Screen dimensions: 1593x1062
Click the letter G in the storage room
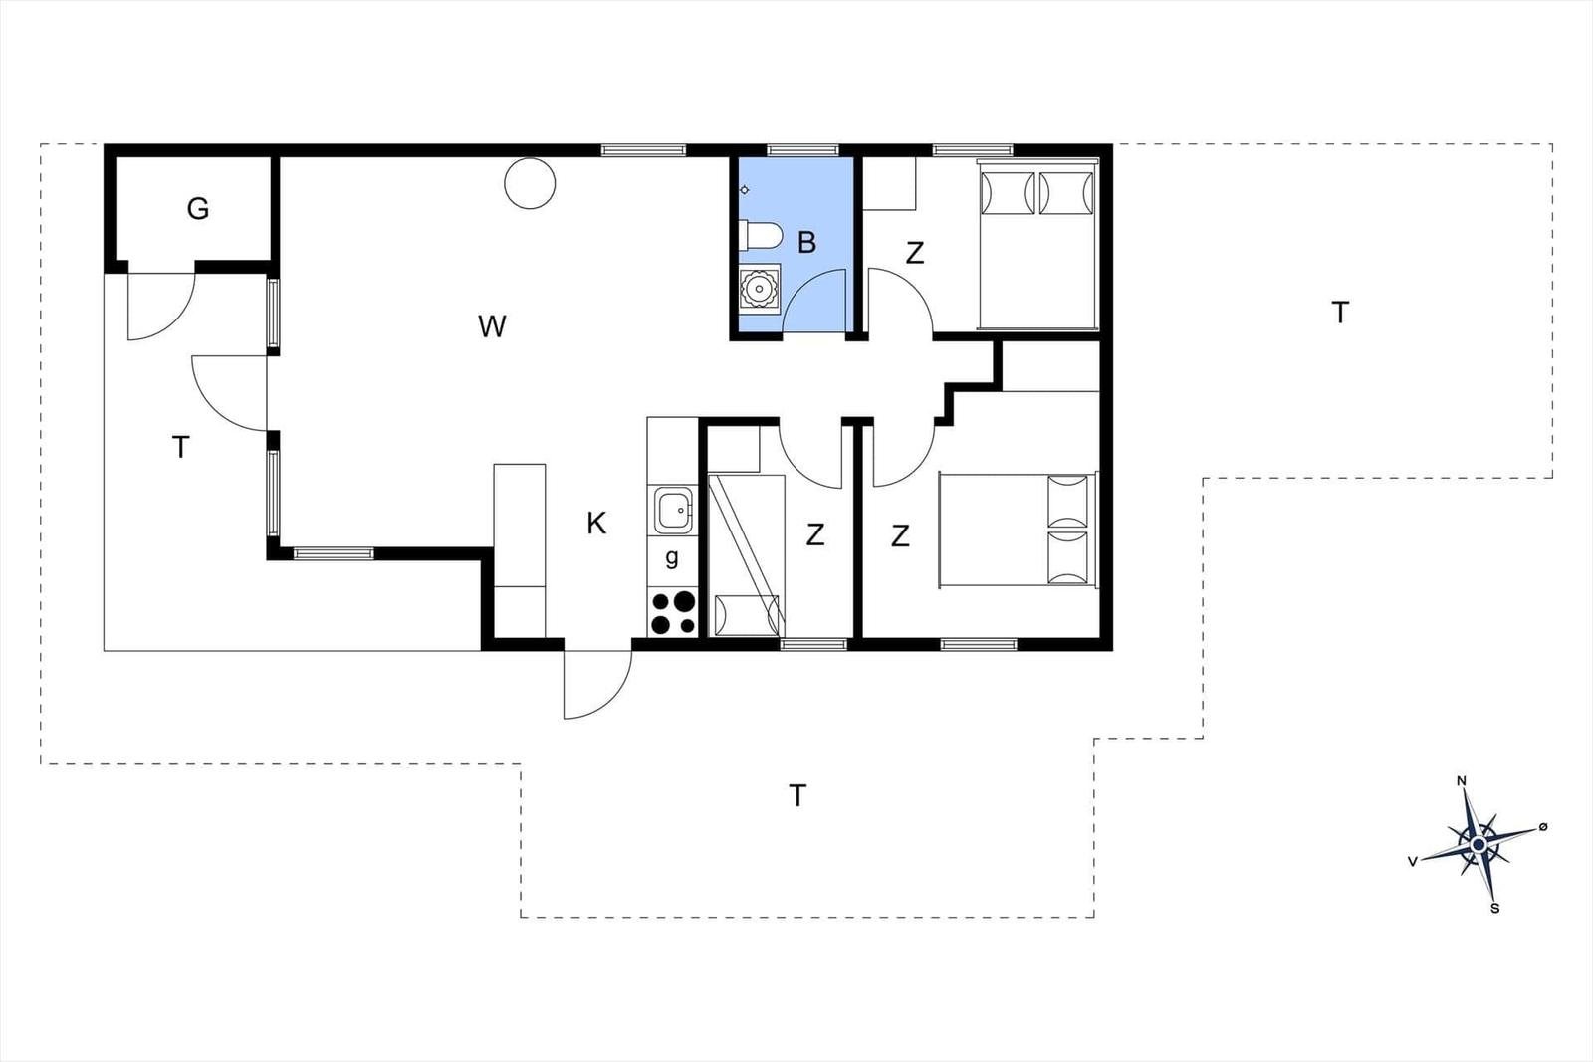pos(198,209)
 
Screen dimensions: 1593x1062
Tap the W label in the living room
pos(492,327)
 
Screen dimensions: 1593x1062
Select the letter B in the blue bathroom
pos(806,243)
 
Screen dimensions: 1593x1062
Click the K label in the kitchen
pos(596,524)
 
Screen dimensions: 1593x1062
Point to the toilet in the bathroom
pos(761,235)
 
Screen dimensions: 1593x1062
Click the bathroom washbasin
pos(760,288)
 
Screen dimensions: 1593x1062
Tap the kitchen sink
pos(673,510)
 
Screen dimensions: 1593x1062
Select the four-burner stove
pos(673,612)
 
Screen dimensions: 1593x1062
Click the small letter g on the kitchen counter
pos(672,558)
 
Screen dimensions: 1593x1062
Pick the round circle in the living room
pos(530,183)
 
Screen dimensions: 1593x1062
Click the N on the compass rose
pos(1462,781)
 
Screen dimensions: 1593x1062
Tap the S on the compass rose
pos(1494,909)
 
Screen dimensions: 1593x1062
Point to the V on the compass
pos(1413,862)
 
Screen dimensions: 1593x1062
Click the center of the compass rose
pos(1479,844)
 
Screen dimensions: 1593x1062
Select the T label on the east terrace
pos(1340,313)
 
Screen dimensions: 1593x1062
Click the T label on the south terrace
pos(797,796)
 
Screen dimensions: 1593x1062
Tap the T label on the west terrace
pos(180,448)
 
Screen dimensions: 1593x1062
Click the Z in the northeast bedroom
pos(915,253)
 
